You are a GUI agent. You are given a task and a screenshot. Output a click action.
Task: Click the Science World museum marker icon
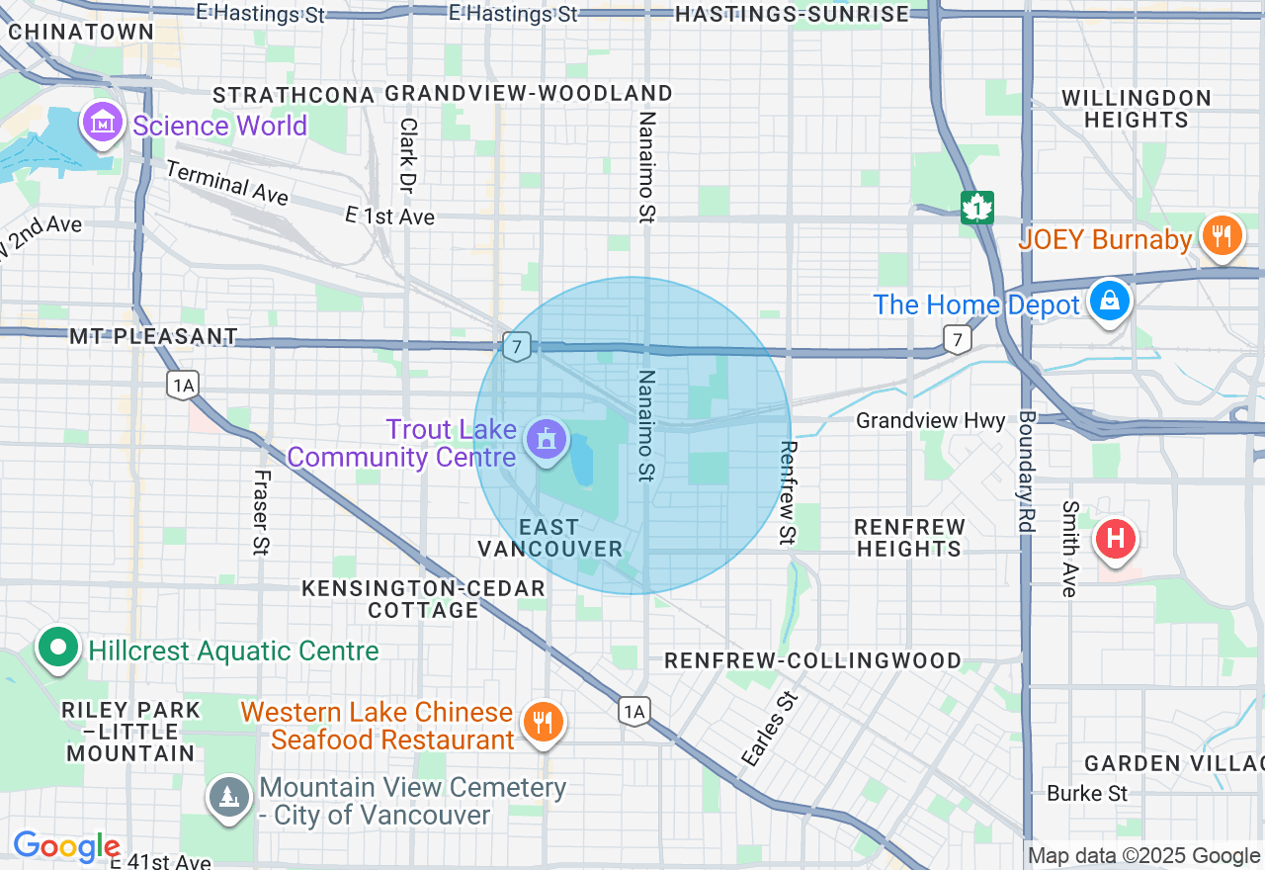[x=104, y=124]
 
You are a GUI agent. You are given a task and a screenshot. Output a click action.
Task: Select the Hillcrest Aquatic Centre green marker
[x=57, y=649]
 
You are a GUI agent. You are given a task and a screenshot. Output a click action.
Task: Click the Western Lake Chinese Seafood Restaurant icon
[x=543, y=723]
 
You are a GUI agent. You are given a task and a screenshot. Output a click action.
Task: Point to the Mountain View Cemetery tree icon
[x=228, y=797]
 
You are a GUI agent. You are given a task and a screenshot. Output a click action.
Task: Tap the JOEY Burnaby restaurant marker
[x=1222, y=236]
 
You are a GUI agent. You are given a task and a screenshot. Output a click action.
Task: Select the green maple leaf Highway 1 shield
[x=976, y=208]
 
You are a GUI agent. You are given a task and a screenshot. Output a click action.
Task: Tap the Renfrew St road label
[x=788, y=491]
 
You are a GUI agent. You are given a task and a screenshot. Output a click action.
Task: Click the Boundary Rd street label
[x=1026, y=474]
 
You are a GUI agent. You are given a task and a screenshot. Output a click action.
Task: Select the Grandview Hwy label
[x=930, y=420]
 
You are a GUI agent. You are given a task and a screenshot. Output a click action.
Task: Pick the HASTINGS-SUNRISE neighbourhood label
[x=792, y=14]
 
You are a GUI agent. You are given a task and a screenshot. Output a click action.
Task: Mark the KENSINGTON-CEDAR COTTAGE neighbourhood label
[x=424, y=599]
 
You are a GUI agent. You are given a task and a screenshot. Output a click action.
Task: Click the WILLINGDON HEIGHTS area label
[x=1136, y=109]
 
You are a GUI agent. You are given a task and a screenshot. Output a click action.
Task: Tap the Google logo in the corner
[x=65, y=847]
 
